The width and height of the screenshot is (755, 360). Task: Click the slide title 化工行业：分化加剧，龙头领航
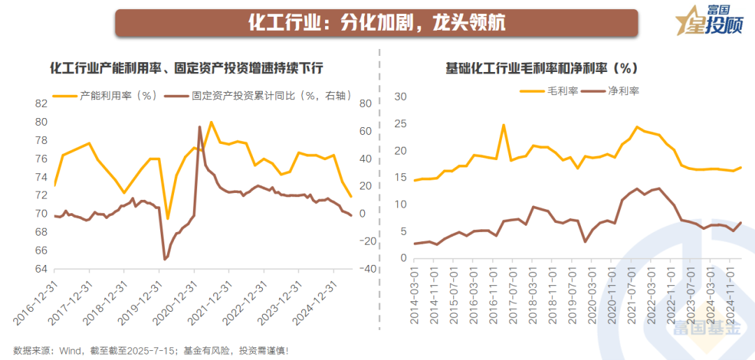[377, 22]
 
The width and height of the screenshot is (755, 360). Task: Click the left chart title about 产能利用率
[187, 69]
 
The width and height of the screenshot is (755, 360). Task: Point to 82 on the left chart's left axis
[41, 103]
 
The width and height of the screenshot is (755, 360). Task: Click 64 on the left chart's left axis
[41, 269]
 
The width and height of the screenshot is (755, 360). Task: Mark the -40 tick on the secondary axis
[366, 269]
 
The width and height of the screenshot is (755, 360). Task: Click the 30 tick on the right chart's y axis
[401, 96]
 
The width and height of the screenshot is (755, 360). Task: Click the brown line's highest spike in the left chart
[199, 127]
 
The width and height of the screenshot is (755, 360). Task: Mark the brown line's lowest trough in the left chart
[164, 259]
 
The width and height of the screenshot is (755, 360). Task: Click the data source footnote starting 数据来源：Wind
[150, 350]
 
